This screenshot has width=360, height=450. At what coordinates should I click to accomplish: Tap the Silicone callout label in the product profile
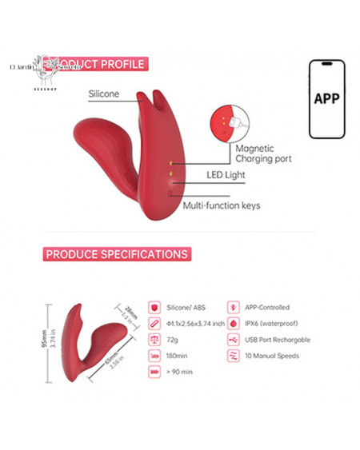point(103,94)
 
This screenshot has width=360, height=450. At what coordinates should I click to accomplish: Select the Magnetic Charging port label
point(263,153)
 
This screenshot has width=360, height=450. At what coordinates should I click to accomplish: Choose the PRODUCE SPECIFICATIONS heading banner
point(117,254)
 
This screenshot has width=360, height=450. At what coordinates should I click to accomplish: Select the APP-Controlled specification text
point(267,307)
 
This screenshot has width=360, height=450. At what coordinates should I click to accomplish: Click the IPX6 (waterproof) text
point(269,324)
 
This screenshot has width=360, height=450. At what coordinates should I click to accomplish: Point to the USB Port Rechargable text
point(278,340)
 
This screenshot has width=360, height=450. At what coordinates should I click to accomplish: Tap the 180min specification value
point(178,356)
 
